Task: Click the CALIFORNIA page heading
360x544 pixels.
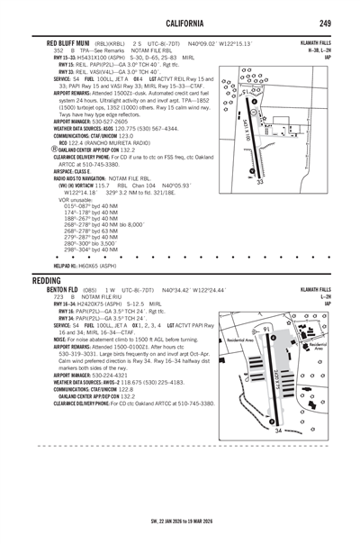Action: point(180,22)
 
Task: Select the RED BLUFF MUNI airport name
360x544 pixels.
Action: point(56,42)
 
